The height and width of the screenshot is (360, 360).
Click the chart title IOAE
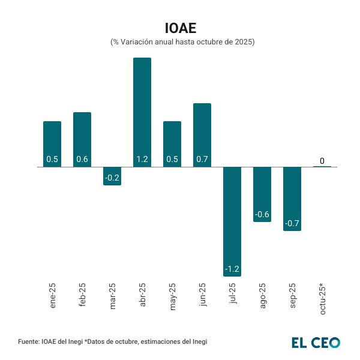pos(181,28)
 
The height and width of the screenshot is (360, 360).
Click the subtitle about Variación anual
pos(182,43)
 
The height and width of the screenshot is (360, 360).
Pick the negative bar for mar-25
pos(112,176)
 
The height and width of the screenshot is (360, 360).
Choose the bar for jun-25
pos(202,134)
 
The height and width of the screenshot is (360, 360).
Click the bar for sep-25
pos(292,199)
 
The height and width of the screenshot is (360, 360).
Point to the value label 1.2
pos(142,160)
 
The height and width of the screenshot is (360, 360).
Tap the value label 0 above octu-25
pos(322,161)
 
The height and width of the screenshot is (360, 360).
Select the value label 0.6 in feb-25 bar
pos(82,160)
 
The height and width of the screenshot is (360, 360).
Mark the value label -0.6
pos(262,215)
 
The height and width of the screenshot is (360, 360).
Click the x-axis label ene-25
pos(53,295)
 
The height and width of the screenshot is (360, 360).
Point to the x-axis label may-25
pos(173,295)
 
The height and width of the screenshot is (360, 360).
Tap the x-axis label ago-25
pos(263,295)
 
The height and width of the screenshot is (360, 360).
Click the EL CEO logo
pos(316,343)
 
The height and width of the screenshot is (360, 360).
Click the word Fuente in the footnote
pos(29,342)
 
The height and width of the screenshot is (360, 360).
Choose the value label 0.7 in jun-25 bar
pos(202,160)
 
